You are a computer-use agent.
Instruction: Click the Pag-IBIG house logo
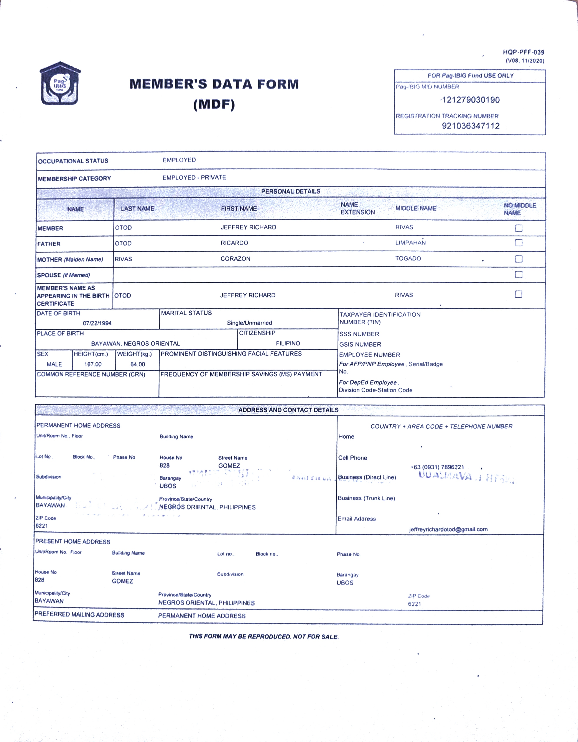(x=60, y=84)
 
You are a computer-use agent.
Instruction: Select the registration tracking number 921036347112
(x=471, y=126)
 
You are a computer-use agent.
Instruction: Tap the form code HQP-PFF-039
(x=523, y=52)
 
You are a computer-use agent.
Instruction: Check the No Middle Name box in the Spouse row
(x=519, y=275)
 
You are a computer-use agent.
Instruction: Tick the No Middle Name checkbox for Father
(x=519, y=243)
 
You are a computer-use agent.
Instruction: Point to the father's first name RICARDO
(x=234, y=243)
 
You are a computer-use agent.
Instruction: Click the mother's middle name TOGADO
(x=408, y=259)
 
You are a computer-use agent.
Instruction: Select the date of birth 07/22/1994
(x=97, y=323)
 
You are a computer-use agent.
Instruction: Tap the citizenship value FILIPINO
(x=288, y=343)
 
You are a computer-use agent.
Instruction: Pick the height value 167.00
(x=93, y=364)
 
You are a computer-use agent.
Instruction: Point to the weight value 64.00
(x=138, y=364)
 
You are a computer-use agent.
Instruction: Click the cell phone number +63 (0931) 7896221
(x=437, y=467)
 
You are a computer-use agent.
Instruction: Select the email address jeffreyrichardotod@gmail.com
(x=448, y=529)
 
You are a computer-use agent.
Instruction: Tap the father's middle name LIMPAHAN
(x=410, y=242)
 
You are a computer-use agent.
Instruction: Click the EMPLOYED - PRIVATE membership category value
(x=194, y=178)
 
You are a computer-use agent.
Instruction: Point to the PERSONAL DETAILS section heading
(x=291, y=191)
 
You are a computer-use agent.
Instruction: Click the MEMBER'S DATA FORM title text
(x=214, y=84)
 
